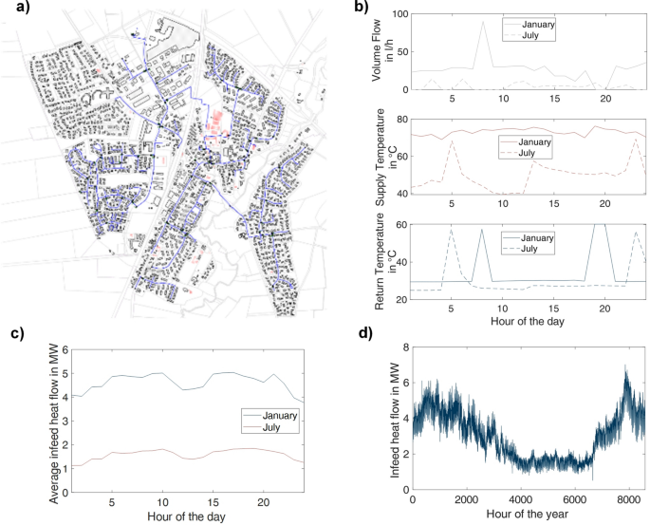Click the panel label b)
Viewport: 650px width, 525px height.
[362, 9]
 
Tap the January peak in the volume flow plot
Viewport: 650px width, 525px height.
[482, 23]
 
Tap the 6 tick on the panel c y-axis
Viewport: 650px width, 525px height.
[64, 349]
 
